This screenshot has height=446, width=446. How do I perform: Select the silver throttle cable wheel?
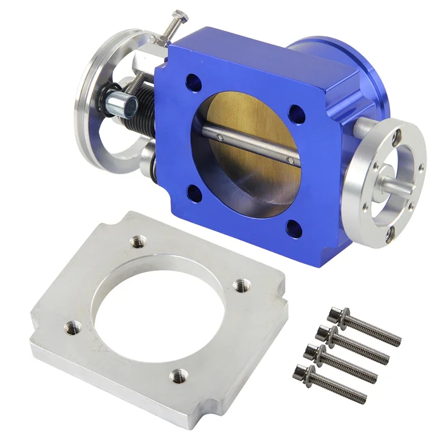click(x=92, y=95)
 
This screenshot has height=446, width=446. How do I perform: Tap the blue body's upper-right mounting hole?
click(x=295, y=114)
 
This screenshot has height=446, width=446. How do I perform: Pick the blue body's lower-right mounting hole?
click(x=292, y=227)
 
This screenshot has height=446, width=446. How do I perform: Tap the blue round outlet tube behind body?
click(x=329, y=56)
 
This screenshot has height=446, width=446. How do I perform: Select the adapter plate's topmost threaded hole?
click(x=136, y=241)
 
